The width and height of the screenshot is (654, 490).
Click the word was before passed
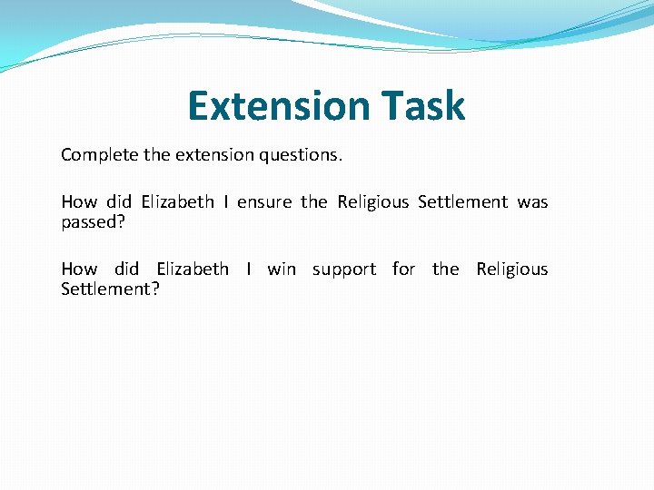point(532,202)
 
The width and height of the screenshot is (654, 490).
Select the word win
point(282,269)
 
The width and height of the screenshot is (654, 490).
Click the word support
point(343,270)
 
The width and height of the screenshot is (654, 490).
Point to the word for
point(403,269)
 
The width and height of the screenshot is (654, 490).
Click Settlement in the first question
point(462,202)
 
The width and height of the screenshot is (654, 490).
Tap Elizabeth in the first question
point(177,202)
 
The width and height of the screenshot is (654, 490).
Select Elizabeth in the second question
point(192,269)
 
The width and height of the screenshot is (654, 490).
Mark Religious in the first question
point(372,202)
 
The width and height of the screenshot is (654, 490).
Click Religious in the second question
point(512,269)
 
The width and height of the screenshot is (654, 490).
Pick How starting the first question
point(79,202)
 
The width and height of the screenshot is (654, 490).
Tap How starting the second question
point(79,269)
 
